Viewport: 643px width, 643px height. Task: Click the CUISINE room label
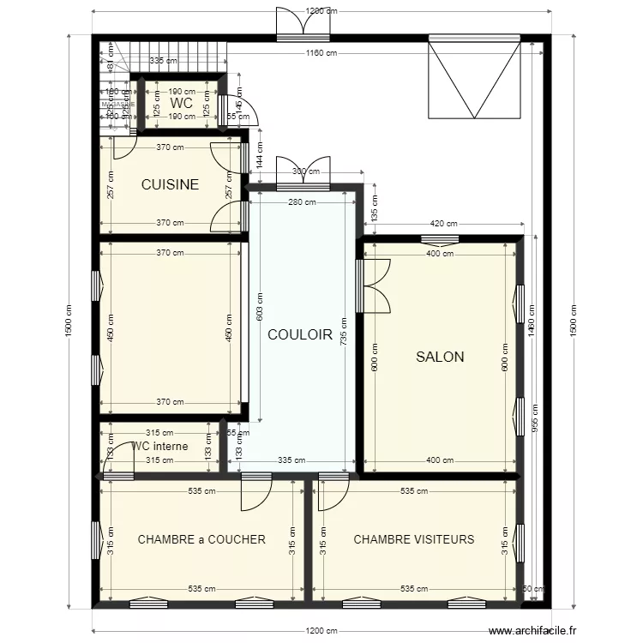(x=170, y=184)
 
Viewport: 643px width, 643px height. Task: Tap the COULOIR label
(x=299, y=335)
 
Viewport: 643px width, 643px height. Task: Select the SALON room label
(x=440, y=357)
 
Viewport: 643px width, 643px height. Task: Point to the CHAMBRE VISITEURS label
(x=413, y=539)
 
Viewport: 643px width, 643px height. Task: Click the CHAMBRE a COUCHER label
(x=201, y=539)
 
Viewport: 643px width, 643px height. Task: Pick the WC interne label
(x=159, y=446)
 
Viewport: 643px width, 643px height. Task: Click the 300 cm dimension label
(x=303, y=171)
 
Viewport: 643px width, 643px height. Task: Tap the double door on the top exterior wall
(x=302, y=24)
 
